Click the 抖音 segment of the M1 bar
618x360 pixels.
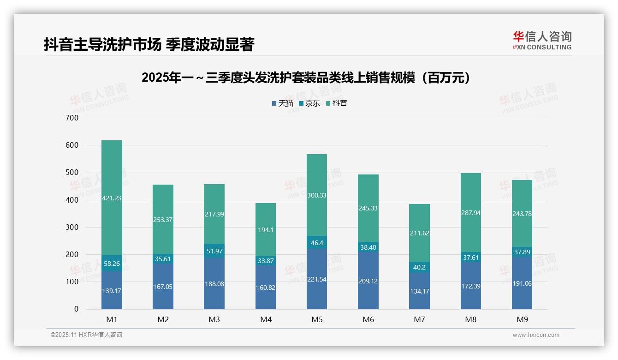112,198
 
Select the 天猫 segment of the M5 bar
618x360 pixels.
316,279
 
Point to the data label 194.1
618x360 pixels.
266,230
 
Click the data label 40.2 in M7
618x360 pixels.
419,267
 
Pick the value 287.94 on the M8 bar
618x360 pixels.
470,213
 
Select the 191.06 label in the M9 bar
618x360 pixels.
522,283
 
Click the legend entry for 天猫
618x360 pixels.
282,103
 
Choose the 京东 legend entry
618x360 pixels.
309,103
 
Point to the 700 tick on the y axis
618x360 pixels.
72,118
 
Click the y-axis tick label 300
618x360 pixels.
72,227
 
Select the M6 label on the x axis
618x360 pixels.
368,319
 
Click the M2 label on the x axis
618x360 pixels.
163,319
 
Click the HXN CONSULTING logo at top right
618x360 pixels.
542,41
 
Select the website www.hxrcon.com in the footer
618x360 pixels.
535,335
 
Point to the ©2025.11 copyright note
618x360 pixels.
86,335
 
